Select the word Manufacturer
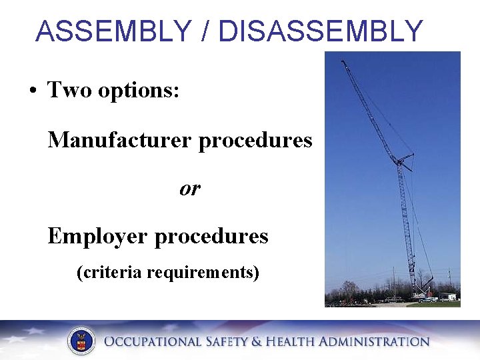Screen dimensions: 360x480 click(x=120, y=140)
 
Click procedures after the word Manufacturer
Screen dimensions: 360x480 click(x=255, y=141)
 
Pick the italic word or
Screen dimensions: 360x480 click(x=189, y=189)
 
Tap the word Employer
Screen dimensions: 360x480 click(x=98, y=237)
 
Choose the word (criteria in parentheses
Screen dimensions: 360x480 click(x=109, y=273)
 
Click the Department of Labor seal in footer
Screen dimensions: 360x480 click(x=81, y=341)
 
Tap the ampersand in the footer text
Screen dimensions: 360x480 click(x=256, y=342)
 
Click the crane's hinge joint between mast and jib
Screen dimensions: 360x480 click(x=401, y=161)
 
